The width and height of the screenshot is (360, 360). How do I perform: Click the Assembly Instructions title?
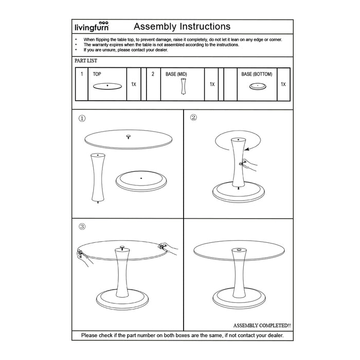coord(182,26)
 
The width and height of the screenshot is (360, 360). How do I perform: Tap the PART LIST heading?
coord(86,61)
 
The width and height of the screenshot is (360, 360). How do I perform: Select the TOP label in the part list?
coord(97,75)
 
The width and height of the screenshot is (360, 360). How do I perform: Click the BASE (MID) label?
coord(176,75)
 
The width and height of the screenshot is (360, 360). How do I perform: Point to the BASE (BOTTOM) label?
coord(257,75)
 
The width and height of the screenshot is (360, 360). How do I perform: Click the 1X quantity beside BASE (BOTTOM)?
coord(283,84)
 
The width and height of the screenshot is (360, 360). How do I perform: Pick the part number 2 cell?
coord(153,75)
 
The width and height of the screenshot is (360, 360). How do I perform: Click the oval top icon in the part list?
coord(107,86)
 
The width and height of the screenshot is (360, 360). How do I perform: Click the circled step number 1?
coord(82,118)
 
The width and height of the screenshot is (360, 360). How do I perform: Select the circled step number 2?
coord(193,117)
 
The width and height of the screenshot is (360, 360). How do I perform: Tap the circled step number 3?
coord(82,226)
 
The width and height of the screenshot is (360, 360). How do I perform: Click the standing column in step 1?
coord(98,177)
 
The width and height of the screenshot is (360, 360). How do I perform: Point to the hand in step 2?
coord(249,165)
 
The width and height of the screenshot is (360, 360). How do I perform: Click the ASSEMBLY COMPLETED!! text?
coord(262,326)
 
